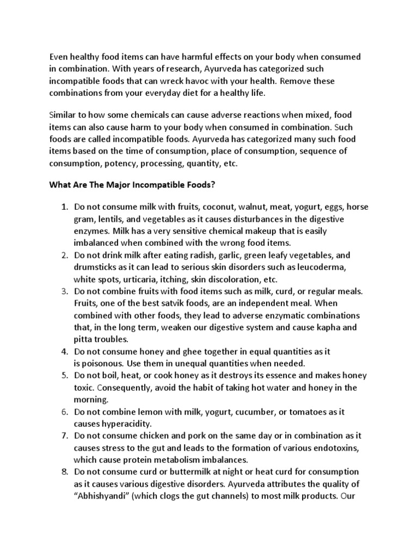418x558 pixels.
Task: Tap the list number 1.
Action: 64,207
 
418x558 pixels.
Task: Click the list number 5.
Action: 64,375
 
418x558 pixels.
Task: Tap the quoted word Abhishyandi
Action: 104,483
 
